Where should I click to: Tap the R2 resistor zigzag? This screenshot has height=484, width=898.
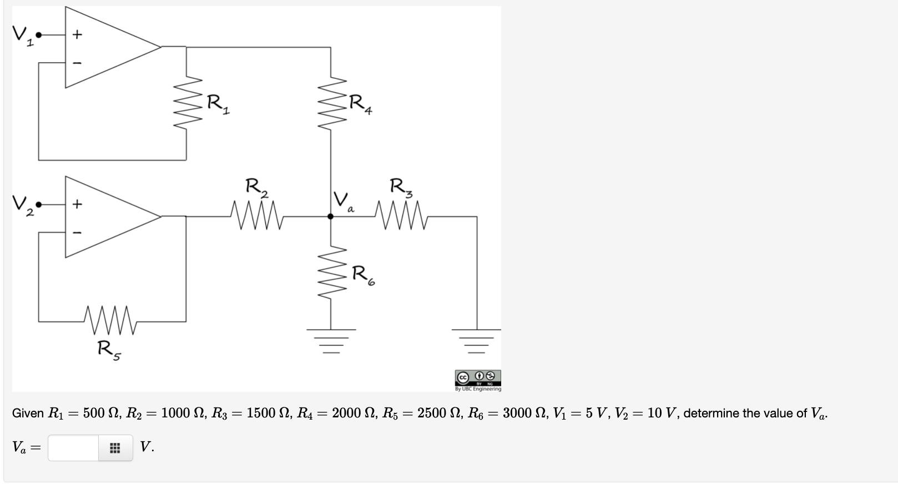[x=257, y=216]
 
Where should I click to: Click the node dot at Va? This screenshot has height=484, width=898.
[x=331, y=216]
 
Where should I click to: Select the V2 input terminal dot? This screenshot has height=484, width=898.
[x=39, y=204]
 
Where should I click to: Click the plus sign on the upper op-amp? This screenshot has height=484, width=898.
[x=78, y=34]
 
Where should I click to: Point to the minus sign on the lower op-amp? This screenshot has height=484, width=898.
[x=78, y=232]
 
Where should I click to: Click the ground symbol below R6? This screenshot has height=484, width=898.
[x=331, y=341]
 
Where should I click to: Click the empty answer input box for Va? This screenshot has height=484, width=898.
[x=73, y=447]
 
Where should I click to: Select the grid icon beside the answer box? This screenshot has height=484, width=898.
[x=115, y=448]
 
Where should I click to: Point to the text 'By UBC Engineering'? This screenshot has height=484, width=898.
[x=478, y=389]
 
